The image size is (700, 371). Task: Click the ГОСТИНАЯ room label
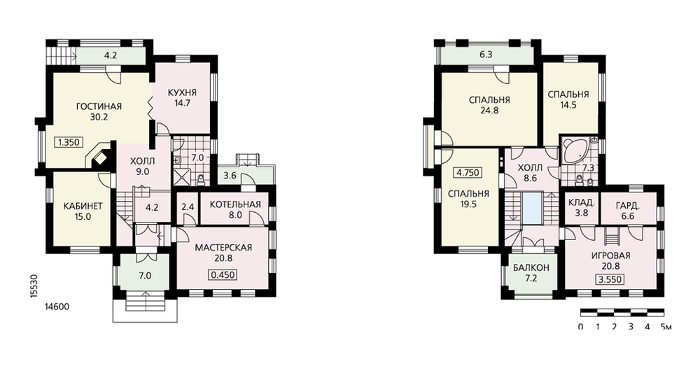pyautogui.click(x=99, y=106)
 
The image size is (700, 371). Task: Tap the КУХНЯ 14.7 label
pyautogui.click(x=182, y=98)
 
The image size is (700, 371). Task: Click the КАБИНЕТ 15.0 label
pyautogui.click(x=83, y=211)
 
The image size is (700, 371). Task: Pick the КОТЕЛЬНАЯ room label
pyautogui.click(x=234, y=204)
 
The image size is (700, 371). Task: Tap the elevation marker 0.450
pyautogui.click(x=223, y=275)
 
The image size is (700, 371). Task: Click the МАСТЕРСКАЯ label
pyautogui.click(x=223, y=248)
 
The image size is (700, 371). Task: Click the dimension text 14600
pyautogui.click(x=57, y=307)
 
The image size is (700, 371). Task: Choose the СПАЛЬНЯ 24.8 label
pyautogui.click(x=489, y=105)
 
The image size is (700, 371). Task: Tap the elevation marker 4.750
pyautogui.click(x=468, y=173)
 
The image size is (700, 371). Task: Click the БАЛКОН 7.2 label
pyautogui.click(x=531, y=273)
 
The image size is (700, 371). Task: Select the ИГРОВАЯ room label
pyautogui.click(x=610, y=255)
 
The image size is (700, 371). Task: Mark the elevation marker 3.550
pyautogui.click(x=610, y=280)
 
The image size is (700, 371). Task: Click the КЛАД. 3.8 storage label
pyautogui.click(x=581, y=208)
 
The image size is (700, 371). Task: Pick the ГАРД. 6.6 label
pyautogui.click(x=628, y=211)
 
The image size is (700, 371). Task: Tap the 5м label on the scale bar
pyautogui.click(x=666, y=327)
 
